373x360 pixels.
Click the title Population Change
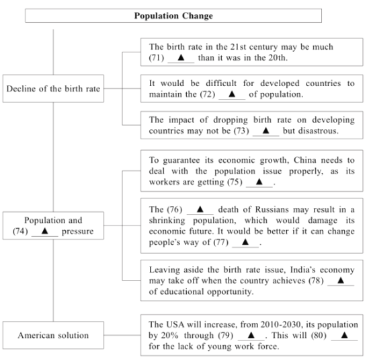tap(173, 15)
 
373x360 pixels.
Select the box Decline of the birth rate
tap(53, 89)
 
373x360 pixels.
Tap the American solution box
tap(53, 335)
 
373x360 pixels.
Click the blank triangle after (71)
tap(181, 57)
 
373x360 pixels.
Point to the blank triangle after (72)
tap(232, 94)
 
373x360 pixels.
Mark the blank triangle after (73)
tap(265, 131)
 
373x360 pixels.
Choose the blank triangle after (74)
tap(45, 231)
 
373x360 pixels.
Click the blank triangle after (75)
tap(259, 182)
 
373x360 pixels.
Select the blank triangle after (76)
tap(200, 209)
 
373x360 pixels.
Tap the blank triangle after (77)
tap(245, 242)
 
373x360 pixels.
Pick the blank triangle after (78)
tap(341, 280)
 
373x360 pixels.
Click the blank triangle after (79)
tap(251, 335)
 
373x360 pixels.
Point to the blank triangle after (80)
tap(345, 335)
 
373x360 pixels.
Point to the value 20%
tap(170, 336)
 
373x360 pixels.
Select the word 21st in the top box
tap(239, 47)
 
